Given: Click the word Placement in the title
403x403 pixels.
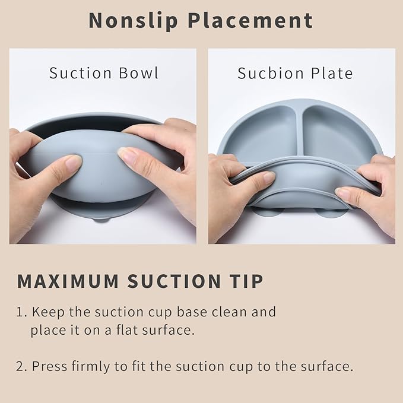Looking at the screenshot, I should point(250,20).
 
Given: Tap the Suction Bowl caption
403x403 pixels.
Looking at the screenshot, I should point(104,73).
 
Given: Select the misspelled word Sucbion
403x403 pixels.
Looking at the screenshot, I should point(266,73).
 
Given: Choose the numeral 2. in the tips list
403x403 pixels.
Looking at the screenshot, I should point(22,366).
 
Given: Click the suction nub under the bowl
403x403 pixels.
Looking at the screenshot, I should point(101,218).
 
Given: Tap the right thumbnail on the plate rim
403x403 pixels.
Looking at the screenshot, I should point(343,192).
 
